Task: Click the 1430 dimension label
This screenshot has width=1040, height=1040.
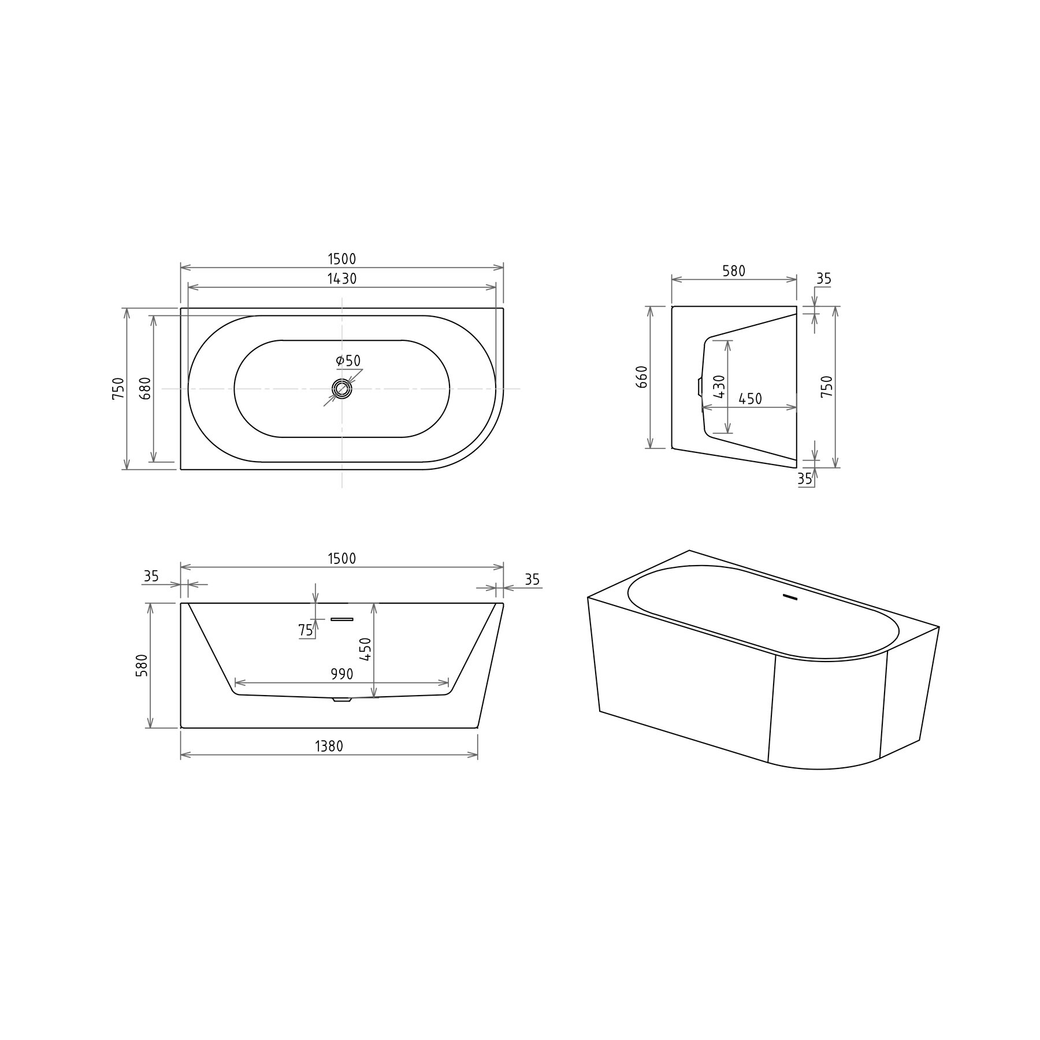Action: click(x=342, y=278)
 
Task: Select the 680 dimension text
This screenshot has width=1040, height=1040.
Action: click(x=145, y=388)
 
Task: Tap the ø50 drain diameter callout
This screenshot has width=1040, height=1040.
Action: click(x=348, y=361)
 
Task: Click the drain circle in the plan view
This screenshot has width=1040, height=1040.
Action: click(x=342, y=389)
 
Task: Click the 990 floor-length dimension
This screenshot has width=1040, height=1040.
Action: click(x=342, y=674)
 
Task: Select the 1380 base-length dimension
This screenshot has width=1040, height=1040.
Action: click(x=329, y=746)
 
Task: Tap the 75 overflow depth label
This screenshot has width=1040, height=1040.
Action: click(x=306, y=630)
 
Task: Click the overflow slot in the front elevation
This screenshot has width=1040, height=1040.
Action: click(x=341, y=619)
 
